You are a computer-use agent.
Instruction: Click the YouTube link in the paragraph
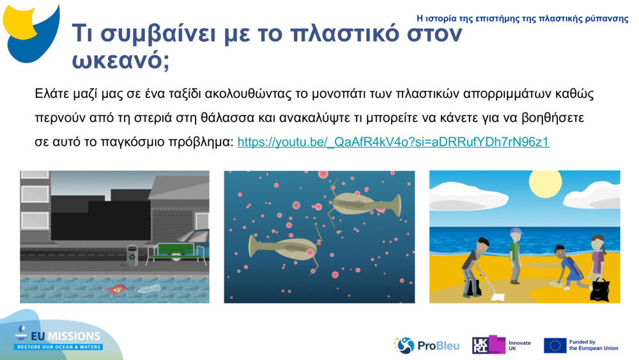pyautogui.click(x=393, y=142)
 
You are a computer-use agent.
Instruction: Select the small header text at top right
pyautogui.click(x=522, y=19)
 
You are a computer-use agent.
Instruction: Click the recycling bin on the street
pyautogui.click(x=132, y=255)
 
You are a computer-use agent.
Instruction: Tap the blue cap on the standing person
pyautogui.click(x=516, y=231)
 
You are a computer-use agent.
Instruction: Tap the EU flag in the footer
pyautogui.click(x=555, y=345)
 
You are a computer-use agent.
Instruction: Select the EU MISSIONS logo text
pyautogui.click(x=67, y=336)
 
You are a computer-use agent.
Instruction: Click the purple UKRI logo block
pyautogui.click(x=489, y=345)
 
